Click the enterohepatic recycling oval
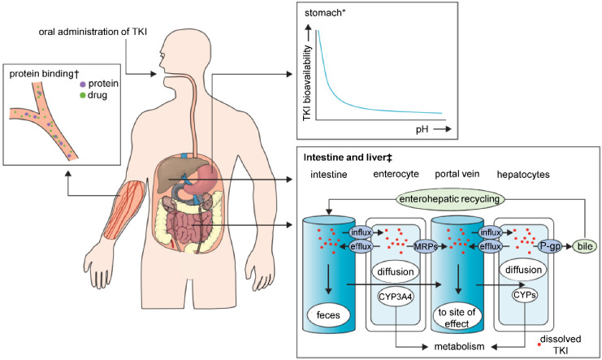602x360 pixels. click(449, 199)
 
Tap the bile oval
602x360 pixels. click(585, 246)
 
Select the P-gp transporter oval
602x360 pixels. click(549, 247)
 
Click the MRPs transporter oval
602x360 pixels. click(425, 247)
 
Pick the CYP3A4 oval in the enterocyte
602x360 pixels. click(396, 297)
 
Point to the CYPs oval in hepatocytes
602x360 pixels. click(525, 295)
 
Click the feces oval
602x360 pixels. click(328, 315)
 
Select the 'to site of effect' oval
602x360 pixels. click(457, 318)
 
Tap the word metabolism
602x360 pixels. click(459, 346)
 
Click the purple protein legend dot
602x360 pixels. click(83, 85)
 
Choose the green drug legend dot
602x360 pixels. click(83, 95)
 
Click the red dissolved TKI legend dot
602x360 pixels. click(539, 345)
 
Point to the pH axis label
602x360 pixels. click(422, 129)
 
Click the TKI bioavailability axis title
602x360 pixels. click(308, 83)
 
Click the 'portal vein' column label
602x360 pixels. click(457, 174)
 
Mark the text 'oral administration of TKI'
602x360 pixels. click(93, 32)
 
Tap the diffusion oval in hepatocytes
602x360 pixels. click(523, 270)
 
